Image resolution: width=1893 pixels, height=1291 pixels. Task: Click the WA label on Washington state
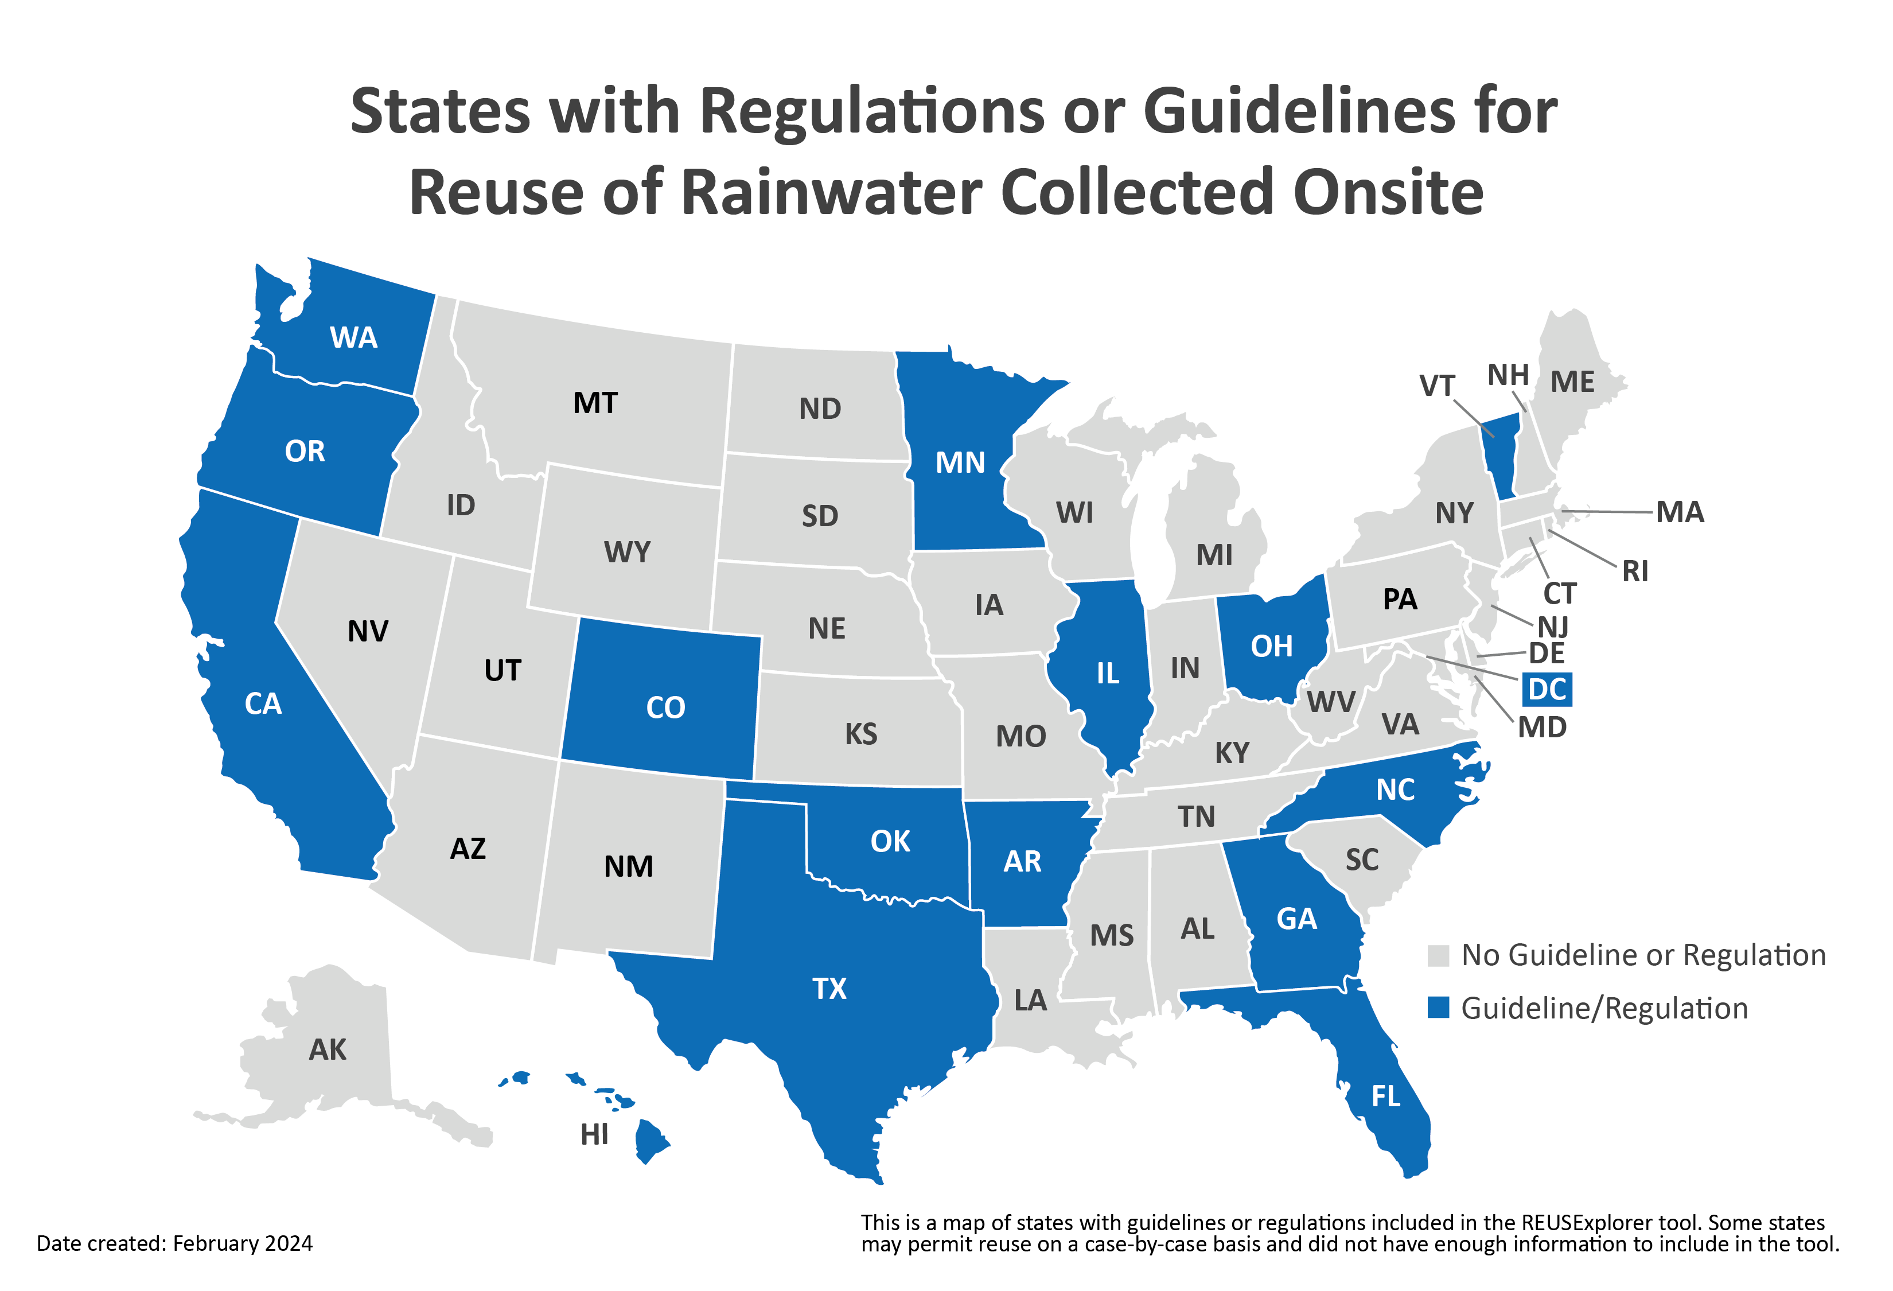[353, 337]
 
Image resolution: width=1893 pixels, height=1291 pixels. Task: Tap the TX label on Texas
[829, 989]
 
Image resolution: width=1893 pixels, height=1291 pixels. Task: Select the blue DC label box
[1546, 689]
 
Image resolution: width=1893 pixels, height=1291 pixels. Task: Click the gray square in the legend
[1439, 955]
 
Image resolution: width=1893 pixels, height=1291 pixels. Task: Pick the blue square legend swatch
[1439, 1008]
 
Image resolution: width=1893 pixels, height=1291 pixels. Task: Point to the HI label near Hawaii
[595, 1134]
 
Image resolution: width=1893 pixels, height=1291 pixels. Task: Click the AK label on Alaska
[328, 1050]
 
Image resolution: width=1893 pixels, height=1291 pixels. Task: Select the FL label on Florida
[1385, 1096]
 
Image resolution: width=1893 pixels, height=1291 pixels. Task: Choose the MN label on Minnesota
[960, 462]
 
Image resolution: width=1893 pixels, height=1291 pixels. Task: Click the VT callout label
[1437, 385]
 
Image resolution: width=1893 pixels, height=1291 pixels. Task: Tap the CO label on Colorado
[665, 707]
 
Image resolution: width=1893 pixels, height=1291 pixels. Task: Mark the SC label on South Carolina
[1362, 860]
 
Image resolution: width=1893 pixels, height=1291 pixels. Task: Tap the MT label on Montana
[595, 403]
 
